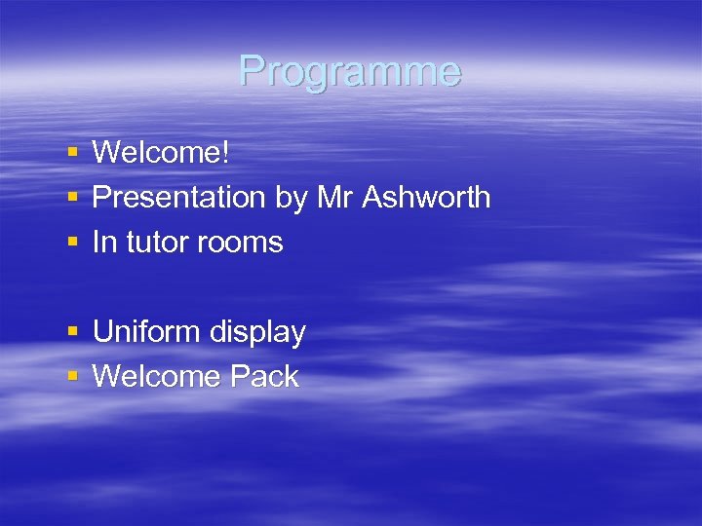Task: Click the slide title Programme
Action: pos(349,71)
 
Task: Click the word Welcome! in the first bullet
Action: pos(160,152)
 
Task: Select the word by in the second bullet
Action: pos(291,198)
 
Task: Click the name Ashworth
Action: pos(426,198)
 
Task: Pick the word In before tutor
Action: pos(103,243)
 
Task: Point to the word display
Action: pos(256,333)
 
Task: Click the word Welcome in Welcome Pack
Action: pos(156,377)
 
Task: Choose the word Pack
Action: pos(264,377)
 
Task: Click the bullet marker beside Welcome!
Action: pos(73,153)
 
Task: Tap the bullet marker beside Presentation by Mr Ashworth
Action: pos(73,198)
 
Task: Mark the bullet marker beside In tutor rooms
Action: pos(73,243)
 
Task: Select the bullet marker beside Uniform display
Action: pos(73,333)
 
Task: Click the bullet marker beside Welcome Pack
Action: pos(73,378)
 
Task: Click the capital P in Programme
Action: pos(252,71)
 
